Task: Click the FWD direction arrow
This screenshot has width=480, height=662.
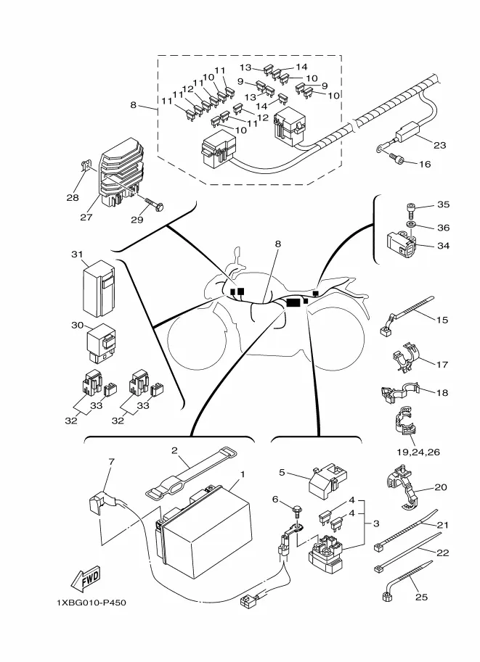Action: (86, 579)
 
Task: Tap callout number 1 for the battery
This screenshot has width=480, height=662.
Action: (243, 474)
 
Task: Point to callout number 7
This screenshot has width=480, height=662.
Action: (111, 461)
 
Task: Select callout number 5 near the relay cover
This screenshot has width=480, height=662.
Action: (282, 472)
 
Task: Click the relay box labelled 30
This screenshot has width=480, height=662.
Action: (101, 341)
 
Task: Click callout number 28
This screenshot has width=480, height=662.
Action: (72, 197)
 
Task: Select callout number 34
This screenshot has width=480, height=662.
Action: (442, 246)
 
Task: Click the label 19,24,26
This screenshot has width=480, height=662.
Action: (418, 452)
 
